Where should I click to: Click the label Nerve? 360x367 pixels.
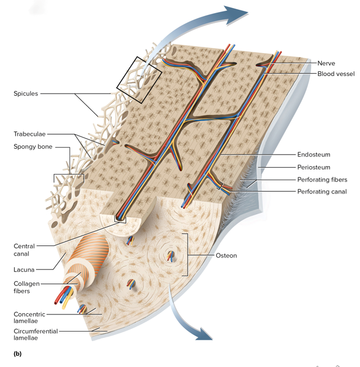[326, 63]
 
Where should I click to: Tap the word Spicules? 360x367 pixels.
[26, 94]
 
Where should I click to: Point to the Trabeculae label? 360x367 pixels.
[30, 134]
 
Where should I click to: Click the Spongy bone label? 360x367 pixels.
[33, 147]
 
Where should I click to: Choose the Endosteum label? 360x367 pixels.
[313, 155]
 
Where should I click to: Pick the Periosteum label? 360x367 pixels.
[313, 167]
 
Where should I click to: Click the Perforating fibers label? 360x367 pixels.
[322, 180]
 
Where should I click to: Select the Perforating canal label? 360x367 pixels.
[322, 192]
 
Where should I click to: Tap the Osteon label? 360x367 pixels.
[226, 256]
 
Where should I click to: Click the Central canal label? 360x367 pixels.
[24, 250]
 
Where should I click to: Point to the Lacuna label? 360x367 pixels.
[24, 269]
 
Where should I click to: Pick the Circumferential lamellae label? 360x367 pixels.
[35, 334]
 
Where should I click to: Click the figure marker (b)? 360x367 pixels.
[17, 354]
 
